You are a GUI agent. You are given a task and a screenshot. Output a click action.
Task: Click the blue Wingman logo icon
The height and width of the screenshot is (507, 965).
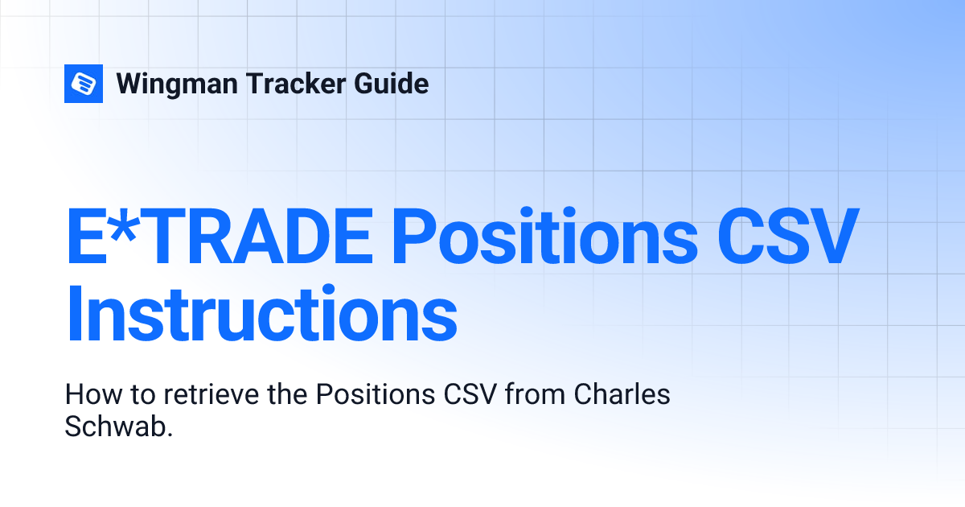point(84,83)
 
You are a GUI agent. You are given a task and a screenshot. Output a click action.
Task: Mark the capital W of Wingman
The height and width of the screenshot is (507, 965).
point(130,84)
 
